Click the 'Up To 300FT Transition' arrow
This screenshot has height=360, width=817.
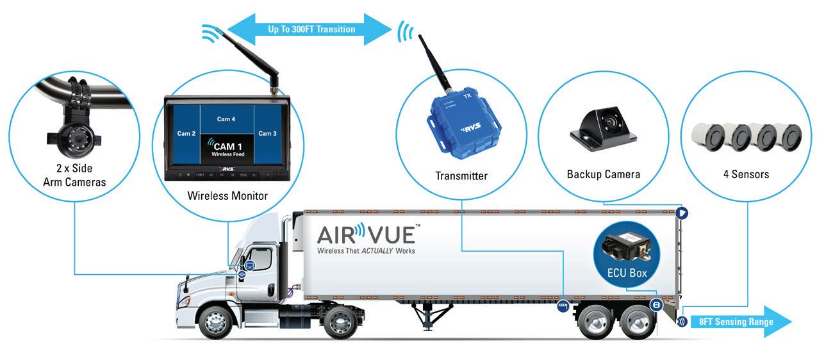(x=311, y=29)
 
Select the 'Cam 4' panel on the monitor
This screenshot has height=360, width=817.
(x=226, y=119)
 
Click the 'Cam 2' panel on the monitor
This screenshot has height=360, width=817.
(x=186, y=133)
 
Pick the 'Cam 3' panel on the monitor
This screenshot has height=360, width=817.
(x=267, y=133)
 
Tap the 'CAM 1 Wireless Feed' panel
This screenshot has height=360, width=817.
(x=227, y=150)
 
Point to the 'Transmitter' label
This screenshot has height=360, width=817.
(x=461, y=176)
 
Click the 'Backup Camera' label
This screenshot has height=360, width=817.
(x=603, y=174)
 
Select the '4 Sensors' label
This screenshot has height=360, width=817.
(x=746, y=174)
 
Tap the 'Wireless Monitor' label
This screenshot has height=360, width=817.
(x=227, y=195)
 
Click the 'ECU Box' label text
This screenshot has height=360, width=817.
(x=627, y=273)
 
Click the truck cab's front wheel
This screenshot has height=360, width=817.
(x=217, y=322)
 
